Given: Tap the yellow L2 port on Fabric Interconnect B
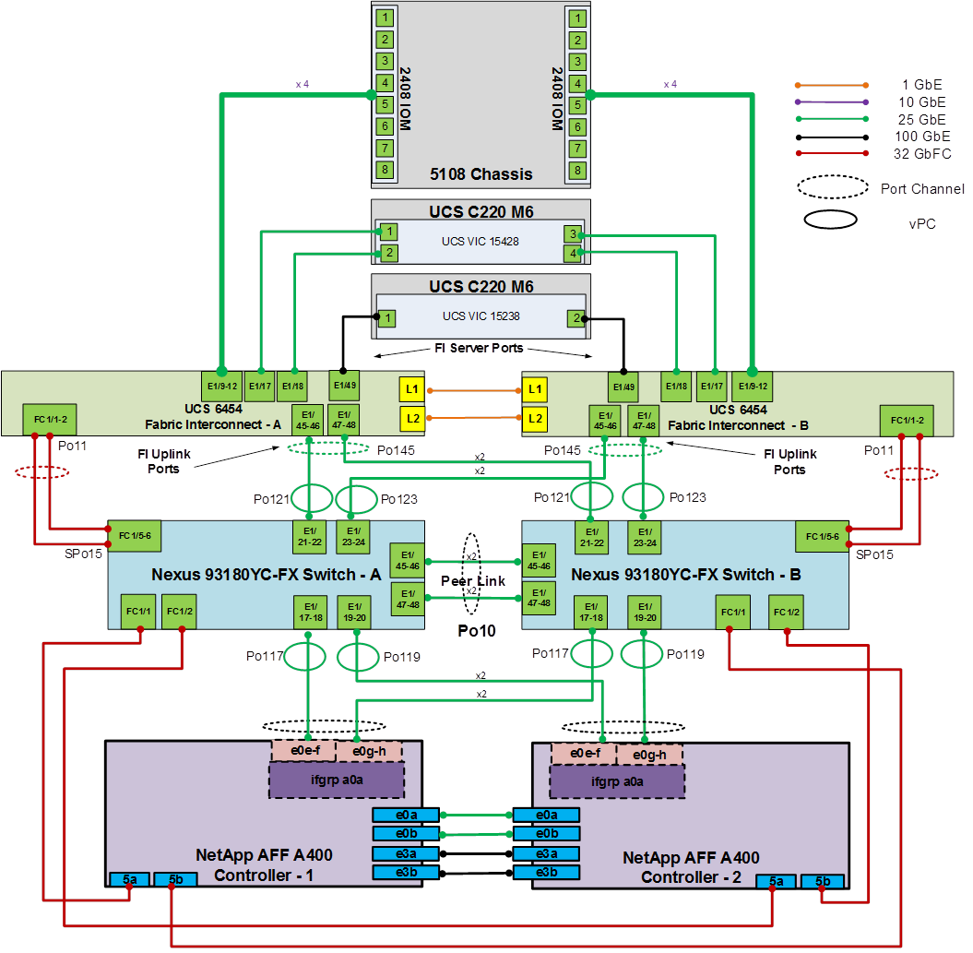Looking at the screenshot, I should [x=535, y=420].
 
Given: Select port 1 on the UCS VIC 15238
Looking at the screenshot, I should [x=389, y=318].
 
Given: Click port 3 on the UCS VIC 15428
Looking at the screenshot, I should [x=573, y=234].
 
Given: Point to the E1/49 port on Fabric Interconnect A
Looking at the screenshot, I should [x=344, y=385].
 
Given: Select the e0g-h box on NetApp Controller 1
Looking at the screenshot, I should [x=369, y=751].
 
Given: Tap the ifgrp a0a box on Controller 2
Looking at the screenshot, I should [x=616, y=780].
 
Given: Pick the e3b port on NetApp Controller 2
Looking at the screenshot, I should [x=546, y=873].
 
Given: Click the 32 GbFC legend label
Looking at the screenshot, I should [x=922, y=153].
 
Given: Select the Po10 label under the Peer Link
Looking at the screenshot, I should [x=477, y=632].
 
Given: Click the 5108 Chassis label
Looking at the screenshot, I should [x=481, y=173].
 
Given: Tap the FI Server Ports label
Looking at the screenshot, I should [x=479, y=349].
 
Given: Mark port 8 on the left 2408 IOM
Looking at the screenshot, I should [x=385, y=170].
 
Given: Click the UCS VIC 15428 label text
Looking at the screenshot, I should [x=480, y=242].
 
